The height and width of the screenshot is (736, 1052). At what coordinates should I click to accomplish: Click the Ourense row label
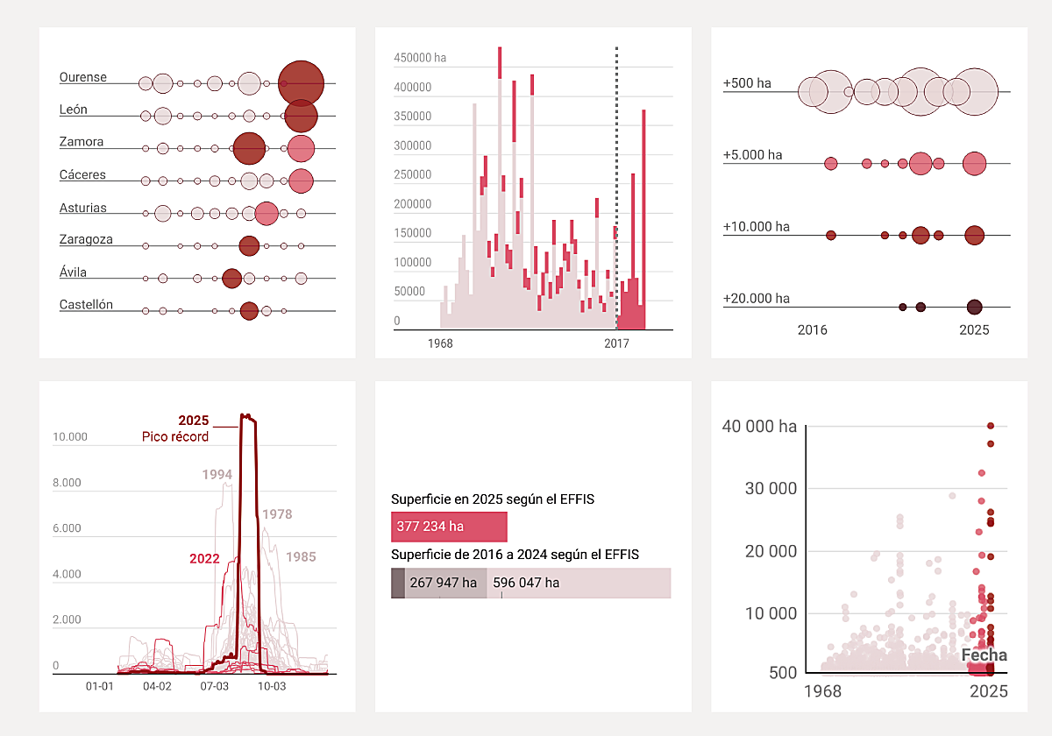click(83, 77)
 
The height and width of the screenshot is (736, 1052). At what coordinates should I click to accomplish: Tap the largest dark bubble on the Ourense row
click(301, 83)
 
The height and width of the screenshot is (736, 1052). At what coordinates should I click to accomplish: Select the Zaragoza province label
click(86, 239)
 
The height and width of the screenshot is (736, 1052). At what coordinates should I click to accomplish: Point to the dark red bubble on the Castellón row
click(249, 310)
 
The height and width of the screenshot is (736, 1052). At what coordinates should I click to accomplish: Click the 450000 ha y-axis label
click(420, 58)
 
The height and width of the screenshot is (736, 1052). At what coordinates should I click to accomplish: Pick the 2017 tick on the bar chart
click(616, 344)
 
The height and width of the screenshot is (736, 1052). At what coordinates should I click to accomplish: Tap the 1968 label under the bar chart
click(440, 344)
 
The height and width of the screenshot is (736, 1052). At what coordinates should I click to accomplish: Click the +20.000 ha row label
click(756, 298)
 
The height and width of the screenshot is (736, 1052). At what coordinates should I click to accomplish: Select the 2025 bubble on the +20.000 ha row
click(974, 307)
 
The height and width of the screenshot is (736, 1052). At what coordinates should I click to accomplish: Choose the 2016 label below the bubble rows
click(812, 330)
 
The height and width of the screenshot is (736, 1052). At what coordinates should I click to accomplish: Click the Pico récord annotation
click(175, 436)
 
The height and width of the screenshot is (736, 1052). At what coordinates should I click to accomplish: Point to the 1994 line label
click(217, 475)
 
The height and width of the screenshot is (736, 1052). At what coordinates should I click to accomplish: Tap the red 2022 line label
click(204, 558)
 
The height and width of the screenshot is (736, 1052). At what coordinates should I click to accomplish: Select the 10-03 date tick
click(272, 686)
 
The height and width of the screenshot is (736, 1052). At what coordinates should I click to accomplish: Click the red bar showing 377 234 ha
click(449, 527)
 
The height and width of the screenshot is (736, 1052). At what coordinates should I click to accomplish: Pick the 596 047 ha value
click(526, 583)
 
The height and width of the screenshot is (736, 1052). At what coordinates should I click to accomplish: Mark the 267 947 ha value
click(444, 583)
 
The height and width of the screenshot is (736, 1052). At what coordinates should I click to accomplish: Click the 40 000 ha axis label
click(759, 427)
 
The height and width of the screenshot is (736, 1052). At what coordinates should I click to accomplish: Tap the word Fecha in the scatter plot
click(984, 655)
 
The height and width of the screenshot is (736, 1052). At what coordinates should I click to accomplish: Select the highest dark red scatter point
click(991, 426)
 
